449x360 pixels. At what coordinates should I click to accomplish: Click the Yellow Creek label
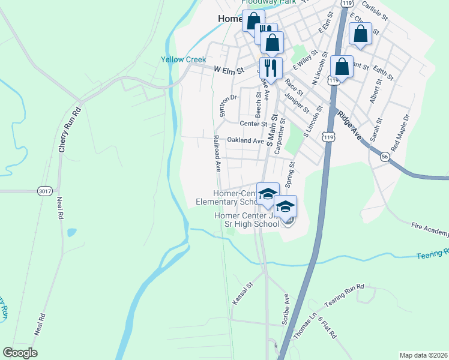(x=183, y=59)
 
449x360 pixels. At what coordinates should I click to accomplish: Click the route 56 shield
(x=384, y=155)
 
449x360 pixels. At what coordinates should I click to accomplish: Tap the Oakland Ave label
(x=245, y=140)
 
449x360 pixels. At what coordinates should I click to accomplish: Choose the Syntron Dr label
(x=225, y=106)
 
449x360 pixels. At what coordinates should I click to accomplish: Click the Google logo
(x=20, y=353)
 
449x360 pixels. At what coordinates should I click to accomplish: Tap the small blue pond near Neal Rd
(x=71, y=232)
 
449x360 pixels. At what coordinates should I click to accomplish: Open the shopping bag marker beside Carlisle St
(x=360, y=34)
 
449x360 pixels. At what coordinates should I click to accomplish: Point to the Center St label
(x=253, y=124)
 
